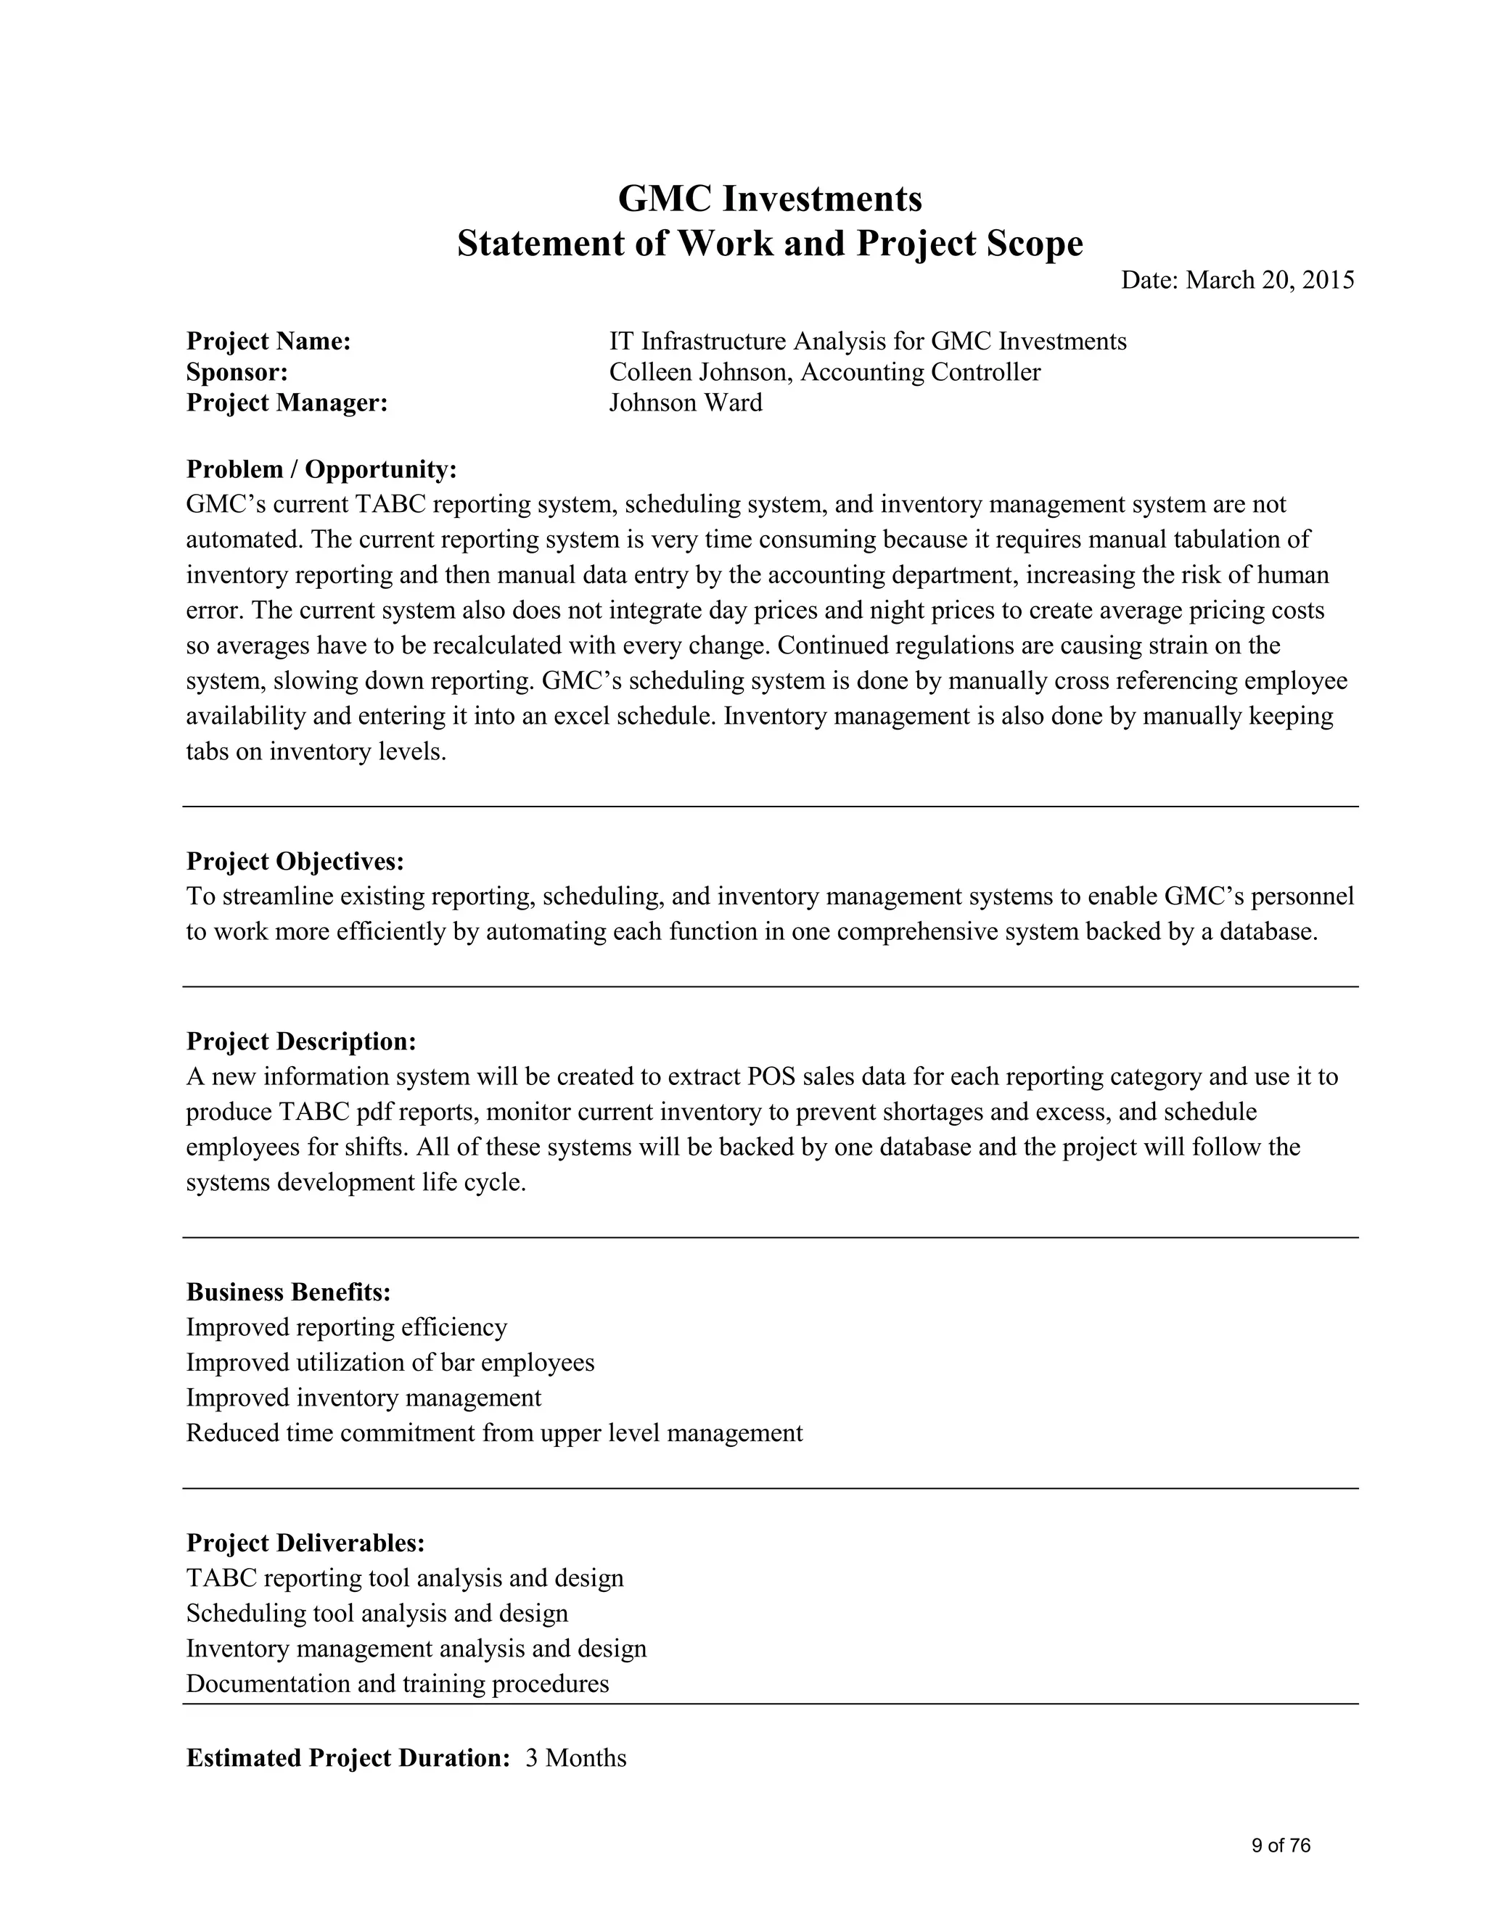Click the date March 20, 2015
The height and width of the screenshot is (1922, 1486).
tap(1270, 280)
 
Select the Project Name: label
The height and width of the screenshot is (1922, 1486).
tap(268, 342)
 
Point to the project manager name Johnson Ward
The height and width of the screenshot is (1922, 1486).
tap(685, 403)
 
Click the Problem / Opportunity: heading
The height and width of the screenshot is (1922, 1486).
tap(321, 469)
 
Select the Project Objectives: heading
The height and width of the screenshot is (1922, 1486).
tap(295, 861)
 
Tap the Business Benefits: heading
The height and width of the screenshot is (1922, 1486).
tap(288, 1292)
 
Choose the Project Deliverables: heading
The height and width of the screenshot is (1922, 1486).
tap(305, 1543)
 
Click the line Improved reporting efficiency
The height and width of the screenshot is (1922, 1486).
tap(346, 1327)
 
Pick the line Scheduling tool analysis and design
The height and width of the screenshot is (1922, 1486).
tap(377, 1613)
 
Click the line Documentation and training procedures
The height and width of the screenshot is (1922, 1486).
tap(397, 1683)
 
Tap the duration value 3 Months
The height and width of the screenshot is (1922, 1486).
tap(575, 1758)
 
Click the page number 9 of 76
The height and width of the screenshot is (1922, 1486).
tap(1280, 1845)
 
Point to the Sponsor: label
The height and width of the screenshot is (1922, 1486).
tap(237, 372)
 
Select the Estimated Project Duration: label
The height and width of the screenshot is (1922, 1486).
tap(348, 1758)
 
